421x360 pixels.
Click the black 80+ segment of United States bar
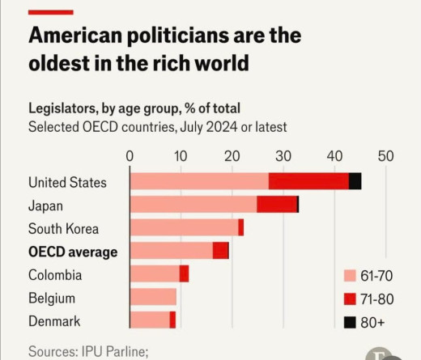pos(355,181)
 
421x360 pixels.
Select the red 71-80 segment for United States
pos(308,181)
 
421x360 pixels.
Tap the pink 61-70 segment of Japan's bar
pos(193,205)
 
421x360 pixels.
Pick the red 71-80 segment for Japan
pos(277,205)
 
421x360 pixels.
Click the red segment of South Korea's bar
pos(240,228)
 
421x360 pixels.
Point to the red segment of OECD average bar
pos(220,251)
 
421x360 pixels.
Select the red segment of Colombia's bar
pos(184,274)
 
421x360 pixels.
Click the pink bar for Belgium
pos(152,298)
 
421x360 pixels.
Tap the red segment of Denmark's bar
pos(172,320)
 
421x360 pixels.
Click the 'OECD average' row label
pos(73,252)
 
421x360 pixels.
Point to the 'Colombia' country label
pos(55,275)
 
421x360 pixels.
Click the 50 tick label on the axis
pos(385,155)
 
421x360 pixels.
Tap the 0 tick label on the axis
pos(130,155)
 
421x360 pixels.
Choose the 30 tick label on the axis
pos(283,155)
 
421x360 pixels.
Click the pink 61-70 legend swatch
pos(350,276)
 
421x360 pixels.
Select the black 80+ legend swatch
pos(350,322)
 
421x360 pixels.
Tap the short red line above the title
pos(50,12)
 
